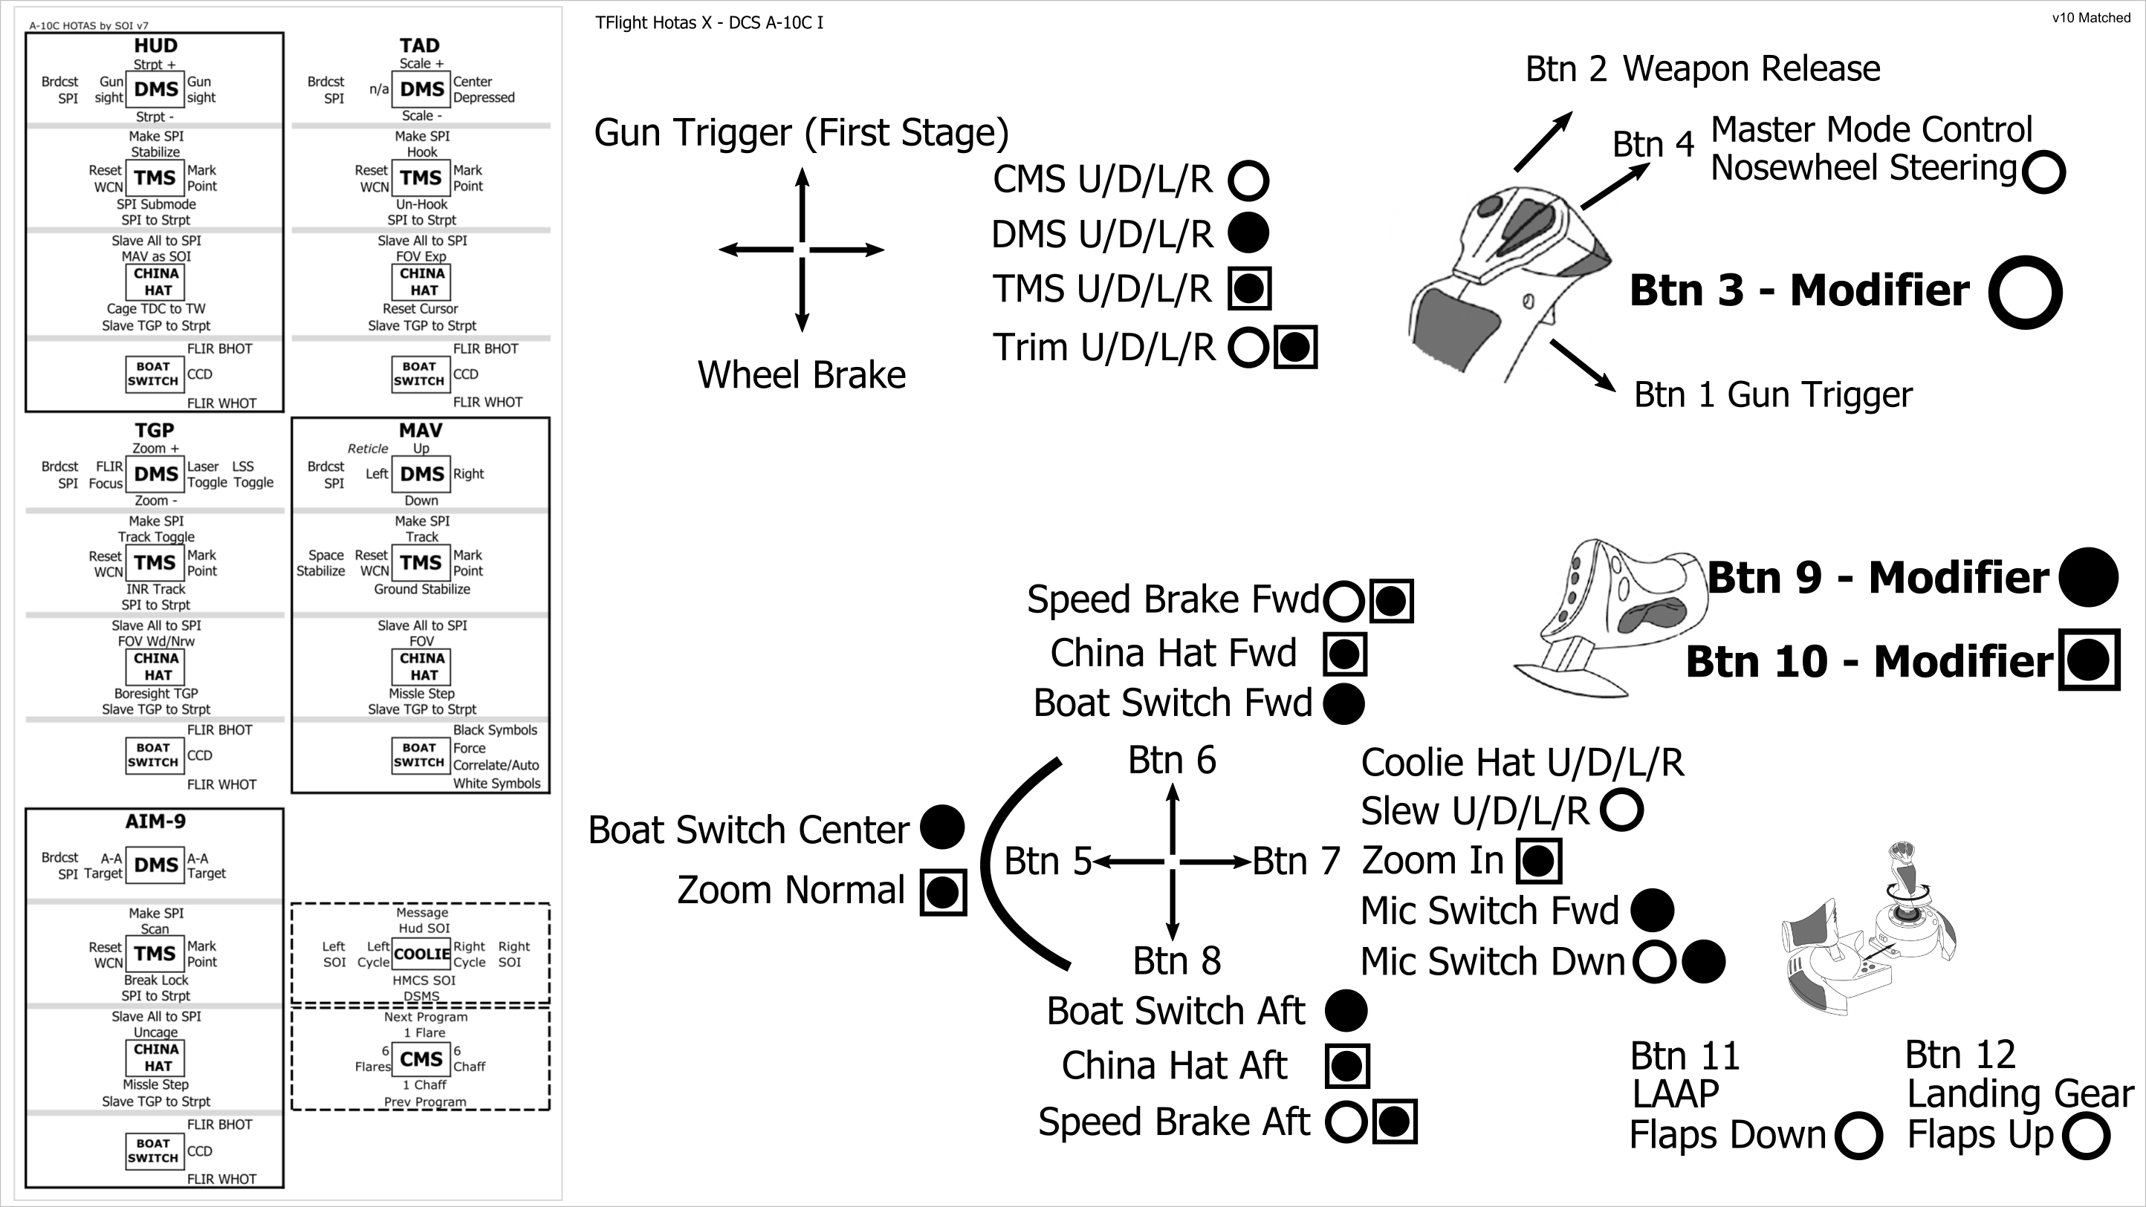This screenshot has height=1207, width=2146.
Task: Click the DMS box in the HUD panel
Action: [156, 90]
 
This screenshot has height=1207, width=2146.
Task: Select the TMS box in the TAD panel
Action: [421, 178]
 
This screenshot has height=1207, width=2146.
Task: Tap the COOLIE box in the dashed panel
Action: [421, 954]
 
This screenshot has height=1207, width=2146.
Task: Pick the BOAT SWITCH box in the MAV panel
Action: [420, 755]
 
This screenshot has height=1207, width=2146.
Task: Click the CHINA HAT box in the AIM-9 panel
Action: [156, 1058]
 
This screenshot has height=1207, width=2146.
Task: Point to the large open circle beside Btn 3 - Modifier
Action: [2024, 293]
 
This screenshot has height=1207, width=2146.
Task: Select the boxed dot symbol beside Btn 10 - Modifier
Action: [2088, 660]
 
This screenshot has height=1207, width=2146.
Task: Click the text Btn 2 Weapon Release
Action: [1702, 69]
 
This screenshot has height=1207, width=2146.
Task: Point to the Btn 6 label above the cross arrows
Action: [1171, 761]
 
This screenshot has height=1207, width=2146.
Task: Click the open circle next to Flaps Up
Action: [2086, 1136]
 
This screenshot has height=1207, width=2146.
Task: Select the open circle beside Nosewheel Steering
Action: [2043, 172]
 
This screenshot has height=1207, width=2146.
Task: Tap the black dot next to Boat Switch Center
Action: [941, 828]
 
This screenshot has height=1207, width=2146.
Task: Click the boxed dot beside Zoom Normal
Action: [942, 892]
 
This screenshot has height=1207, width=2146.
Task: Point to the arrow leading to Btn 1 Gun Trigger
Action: [1582, 365]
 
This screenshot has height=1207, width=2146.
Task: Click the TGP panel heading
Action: [155, 431]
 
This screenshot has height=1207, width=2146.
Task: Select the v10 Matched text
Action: [2090, 19]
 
